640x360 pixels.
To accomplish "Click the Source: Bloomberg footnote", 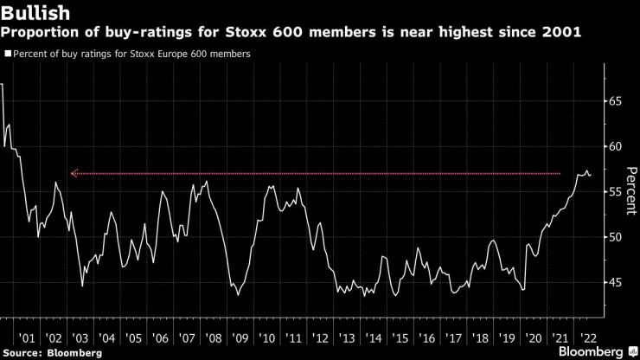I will tap(52, 352).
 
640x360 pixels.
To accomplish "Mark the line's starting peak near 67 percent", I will tap(3, 84).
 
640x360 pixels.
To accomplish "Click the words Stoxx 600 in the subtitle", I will tap(227, 32).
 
